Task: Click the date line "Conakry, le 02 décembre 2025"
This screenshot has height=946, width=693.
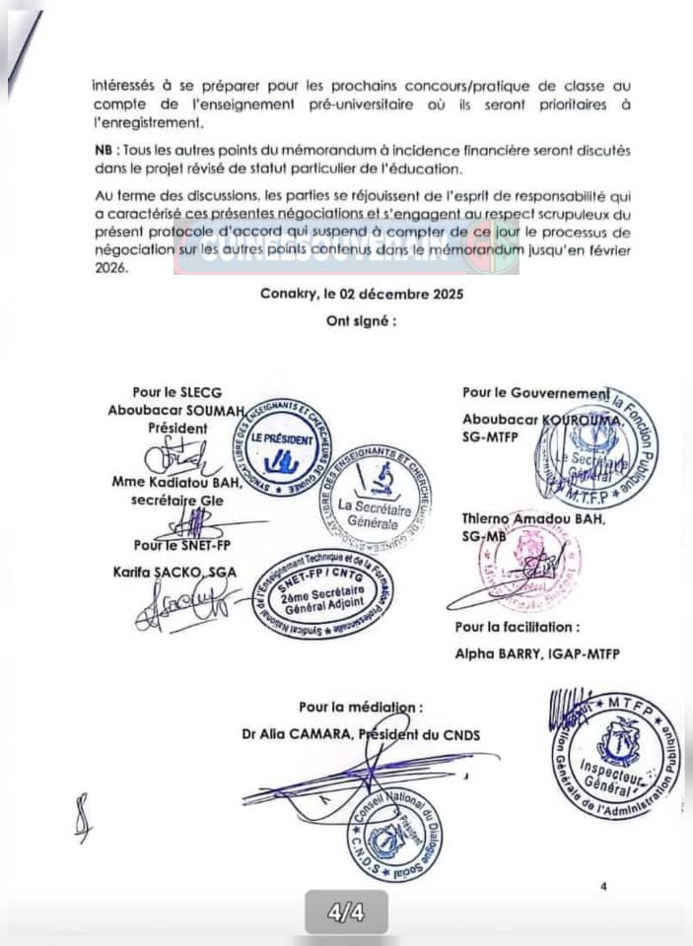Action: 361,294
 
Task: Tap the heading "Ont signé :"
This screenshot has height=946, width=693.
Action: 362,321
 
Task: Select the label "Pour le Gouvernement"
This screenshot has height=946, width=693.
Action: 535,393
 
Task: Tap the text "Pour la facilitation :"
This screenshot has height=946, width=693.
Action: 518,627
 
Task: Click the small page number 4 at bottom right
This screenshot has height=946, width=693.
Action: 603,887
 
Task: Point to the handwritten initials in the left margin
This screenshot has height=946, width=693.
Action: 84,817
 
